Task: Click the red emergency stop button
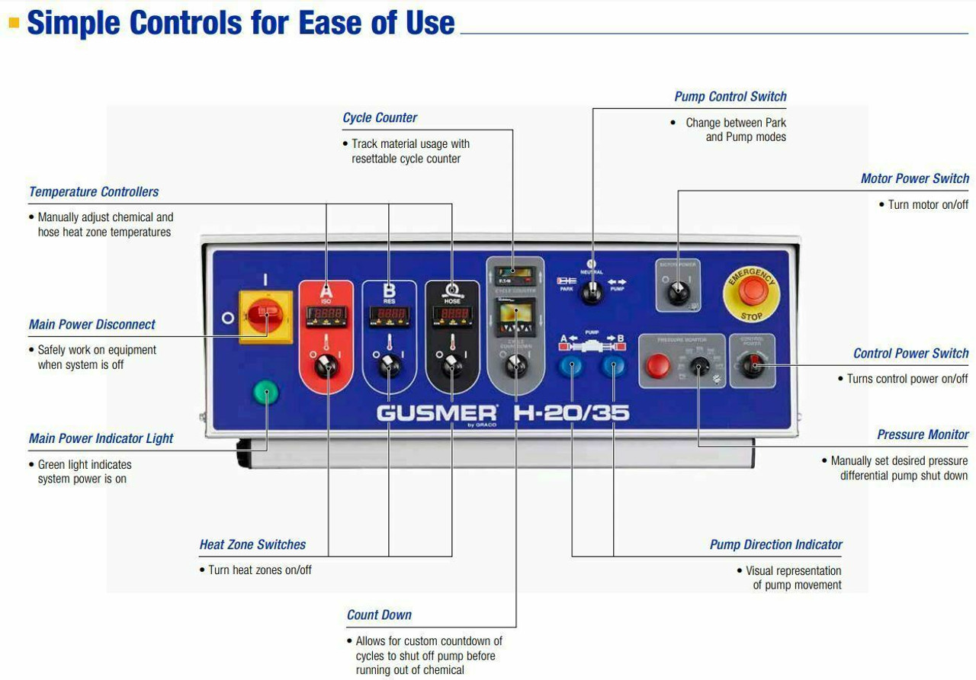(753, 290)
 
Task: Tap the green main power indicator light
(266, 393)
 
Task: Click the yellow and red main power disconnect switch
(266, 313)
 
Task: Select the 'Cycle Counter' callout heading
(380, 118)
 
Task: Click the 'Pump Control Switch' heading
(730, 97)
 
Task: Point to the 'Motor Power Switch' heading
(914, 178)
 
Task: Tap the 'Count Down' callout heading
(379, 615)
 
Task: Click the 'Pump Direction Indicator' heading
(775, 545)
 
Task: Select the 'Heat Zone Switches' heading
(252, 545)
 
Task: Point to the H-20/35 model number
(572, 412)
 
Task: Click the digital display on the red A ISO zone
(326, 314)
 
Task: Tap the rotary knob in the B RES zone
(389, 367)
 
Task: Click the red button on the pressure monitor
(657, 366)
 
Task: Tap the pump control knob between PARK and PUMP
(592, 292)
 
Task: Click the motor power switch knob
(678, 292)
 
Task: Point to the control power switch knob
(753, 367)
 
